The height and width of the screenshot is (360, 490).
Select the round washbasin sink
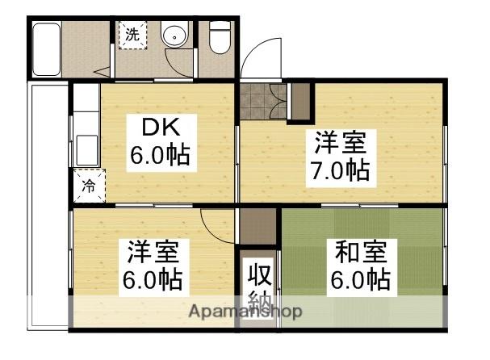tap(174, 36)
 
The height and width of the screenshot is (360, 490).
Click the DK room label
tap(159, 128)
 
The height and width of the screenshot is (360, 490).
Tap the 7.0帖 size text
tap(340, 171)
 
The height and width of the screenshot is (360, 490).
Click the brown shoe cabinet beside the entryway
tap(299, 99)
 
